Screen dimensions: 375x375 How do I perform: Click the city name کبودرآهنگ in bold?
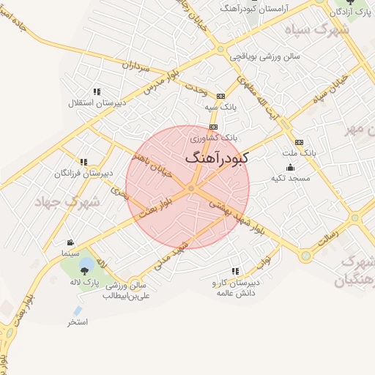[218, 157]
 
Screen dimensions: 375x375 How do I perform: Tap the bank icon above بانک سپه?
[220, 95]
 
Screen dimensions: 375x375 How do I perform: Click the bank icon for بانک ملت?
[298, 142]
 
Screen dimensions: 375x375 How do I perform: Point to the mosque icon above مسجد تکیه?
[290, 167]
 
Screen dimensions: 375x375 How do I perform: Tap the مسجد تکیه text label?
[290, 178]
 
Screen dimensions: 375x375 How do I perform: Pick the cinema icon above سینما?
[70, 242]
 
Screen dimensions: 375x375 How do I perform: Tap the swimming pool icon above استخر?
[78, 311]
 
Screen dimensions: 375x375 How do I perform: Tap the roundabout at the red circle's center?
[191, 189]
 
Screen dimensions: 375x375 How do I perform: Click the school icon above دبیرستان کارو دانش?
[235, 271]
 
